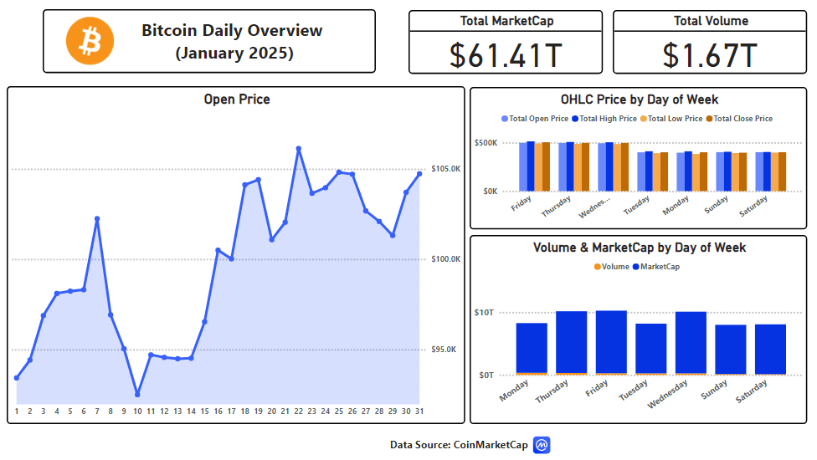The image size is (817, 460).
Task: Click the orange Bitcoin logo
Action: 90,41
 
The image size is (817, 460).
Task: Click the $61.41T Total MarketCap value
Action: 506,56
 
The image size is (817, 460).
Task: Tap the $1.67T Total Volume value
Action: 710,56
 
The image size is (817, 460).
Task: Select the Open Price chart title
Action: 237,100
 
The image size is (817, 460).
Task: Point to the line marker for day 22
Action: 299,149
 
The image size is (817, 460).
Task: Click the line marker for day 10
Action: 137,395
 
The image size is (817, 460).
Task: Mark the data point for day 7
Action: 97,219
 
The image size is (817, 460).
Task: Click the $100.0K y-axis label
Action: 445,259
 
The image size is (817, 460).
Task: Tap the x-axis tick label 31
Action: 419,411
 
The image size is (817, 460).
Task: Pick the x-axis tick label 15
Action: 205,411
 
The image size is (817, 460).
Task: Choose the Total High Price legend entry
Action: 604,119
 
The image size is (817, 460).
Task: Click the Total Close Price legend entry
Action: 739,119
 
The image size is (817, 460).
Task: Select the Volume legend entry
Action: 612,267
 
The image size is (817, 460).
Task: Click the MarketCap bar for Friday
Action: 611,342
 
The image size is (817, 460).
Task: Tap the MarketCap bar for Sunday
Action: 731,349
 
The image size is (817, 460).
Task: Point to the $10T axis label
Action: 484,313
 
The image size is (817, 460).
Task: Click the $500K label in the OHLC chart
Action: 486,142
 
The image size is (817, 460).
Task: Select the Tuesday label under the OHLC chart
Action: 636,206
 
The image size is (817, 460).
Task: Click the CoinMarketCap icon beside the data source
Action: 542,445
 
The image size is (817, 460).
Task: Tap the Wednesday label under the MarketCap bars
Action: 667,394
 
